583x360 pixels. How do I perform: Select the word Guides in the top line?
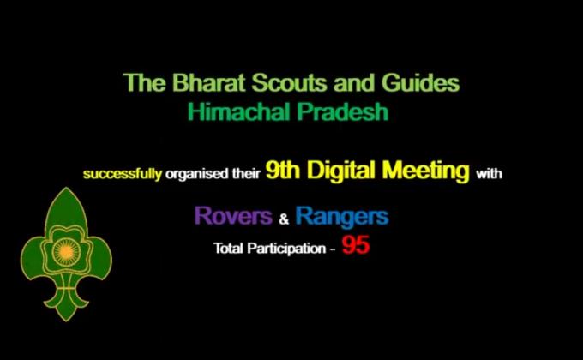(x=420, y=84)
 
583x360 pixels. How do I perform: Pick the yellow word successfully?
(x=122, y=174)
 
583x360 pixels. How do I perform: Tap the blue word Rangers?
(x=341, y=216)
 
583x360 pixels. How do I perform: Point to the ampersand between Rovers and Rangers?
(x=284, y=219)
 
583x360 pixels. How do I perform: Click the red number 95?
(x=356, y=247)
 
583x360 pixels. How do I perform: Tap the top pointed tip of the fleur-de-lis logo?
(x=65, y=190)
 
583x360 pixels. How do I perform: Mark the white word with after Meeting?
(x=490, y=174)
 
